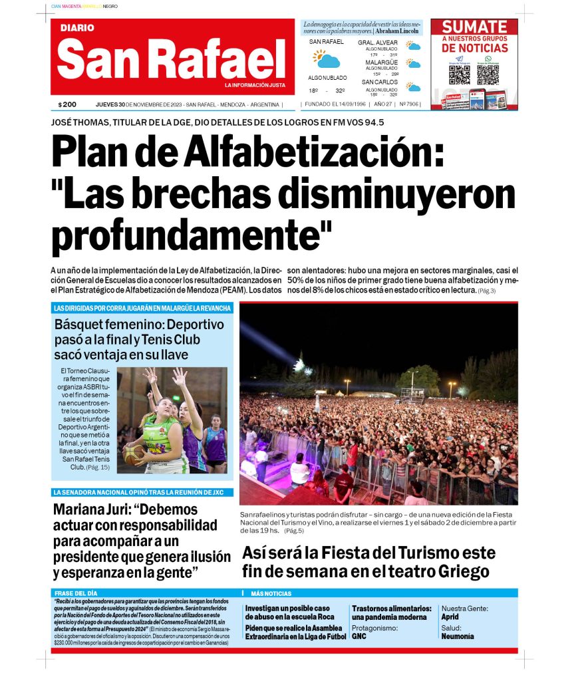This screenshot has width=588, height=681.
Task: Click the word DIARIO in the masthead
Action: point(77,28)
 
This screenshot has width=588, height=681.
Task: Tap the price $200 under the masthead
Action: point(67,104)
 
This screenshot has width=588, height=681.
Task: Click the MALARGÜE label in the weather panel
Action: point(381,63)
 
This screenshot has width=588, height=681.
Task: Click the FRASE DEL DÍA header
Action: point(74,593)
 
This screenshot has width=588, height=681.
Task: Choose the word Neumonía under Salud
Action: point(458,636)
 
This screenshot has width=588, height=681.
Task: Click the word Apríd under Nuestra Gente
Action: point(450,617)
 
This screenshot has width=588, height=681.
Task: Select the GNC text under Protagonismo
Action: point(359,636)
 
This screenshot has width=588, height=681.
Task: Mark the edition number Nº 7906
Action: point(409,104)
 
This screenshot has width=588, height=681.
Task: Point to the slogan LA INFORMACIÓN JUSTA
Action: point(255,86)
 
